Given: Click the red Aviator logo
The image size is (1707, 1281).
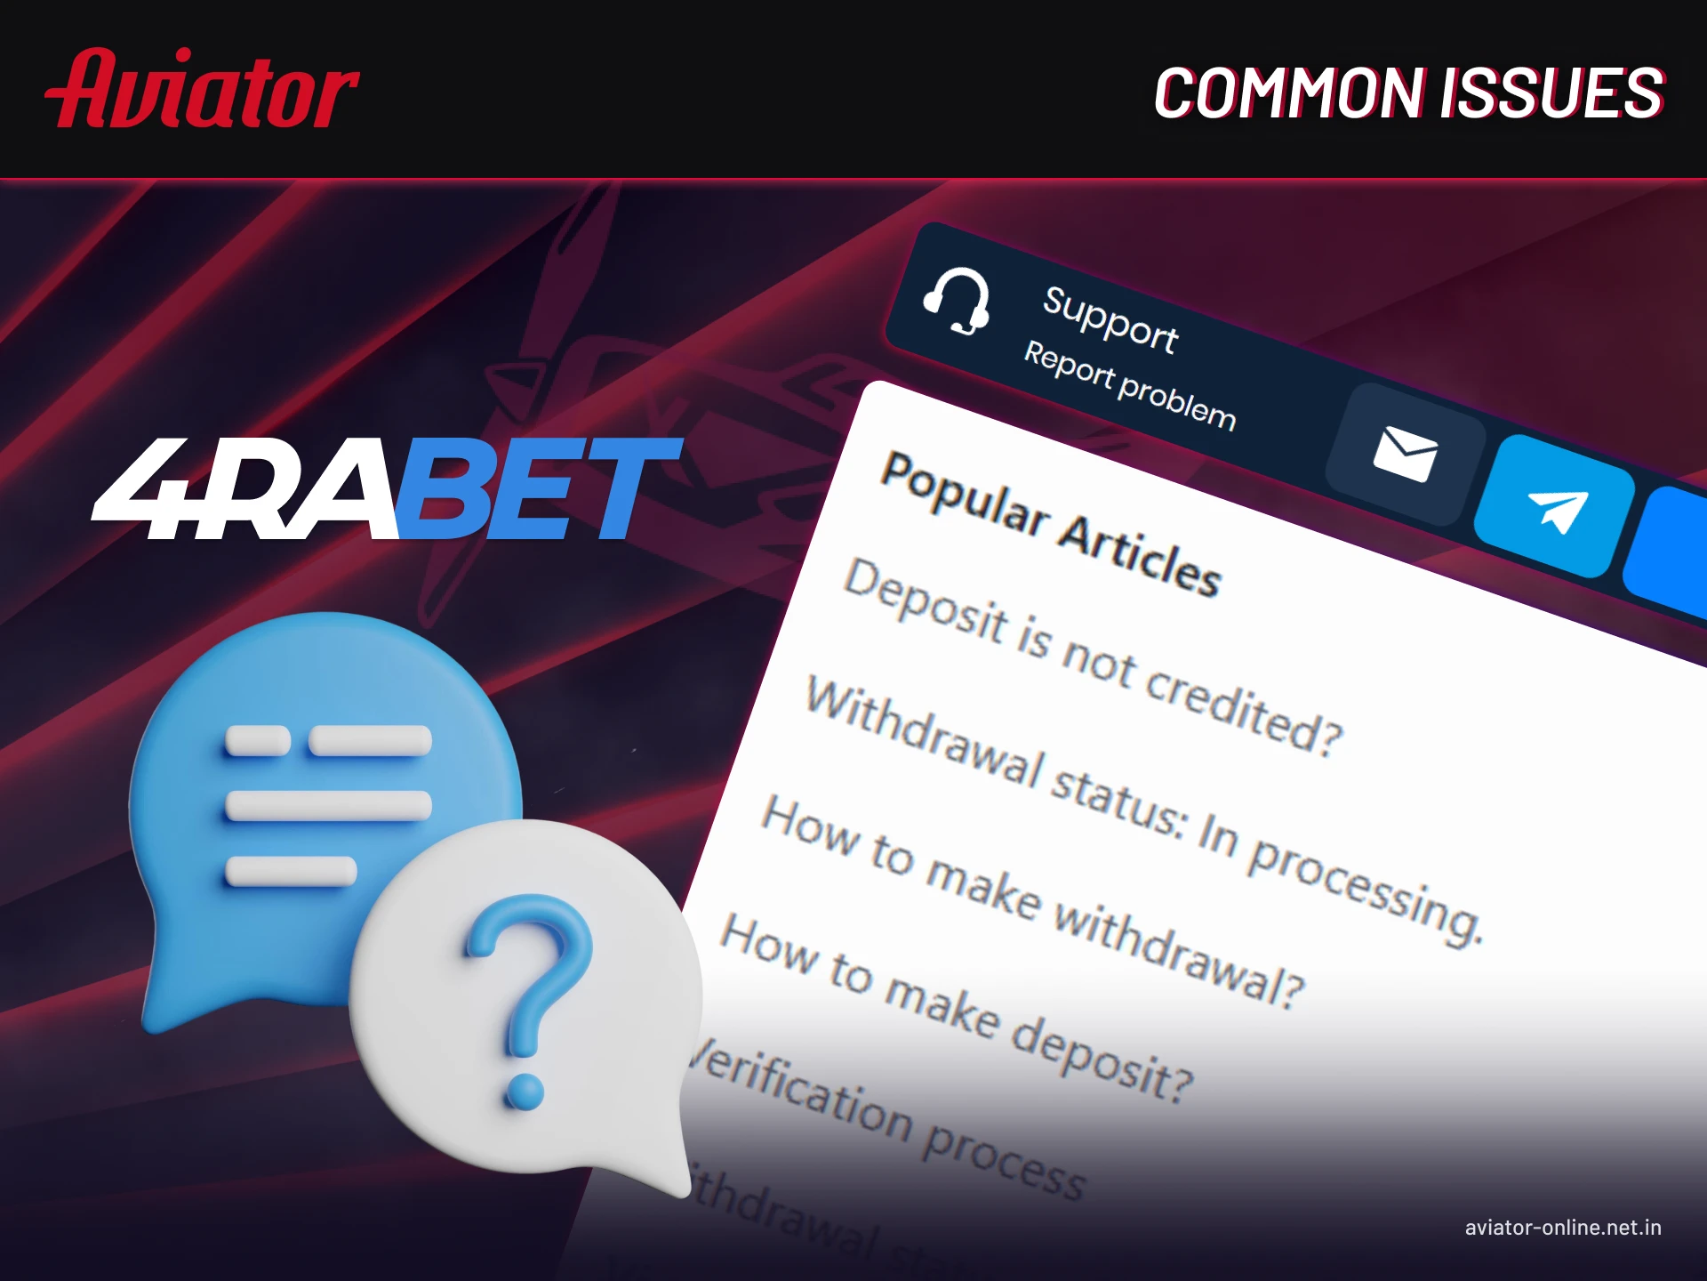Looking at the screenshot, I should [202, 90].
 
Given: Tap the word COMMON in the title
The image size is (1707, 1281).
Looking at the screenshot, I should [1288, 93].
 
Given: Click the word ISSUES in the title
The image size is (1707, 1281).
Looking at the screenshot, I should [1551, 93].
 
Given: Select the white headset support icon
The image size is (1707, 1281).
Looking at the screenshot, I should [958, 302].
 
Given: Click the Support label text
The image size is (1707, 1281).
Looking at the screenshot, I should [1110, 319].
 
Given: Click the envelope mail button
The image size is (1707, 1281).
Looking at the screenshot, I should [1405, 454].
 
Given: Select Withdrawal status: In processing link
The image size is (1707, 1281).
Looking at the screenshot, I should [1142, 810].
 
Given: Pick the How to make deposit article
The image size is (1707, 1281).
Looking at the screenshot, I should [957, 1009].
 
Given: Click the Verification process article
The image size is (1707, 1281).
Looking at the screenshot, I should [889, 1121].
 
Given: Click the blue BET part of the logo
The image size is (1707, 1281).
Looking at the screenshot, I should [533, 489].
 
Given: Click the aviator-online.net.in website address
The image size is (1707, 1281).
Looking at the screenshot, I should [1563, 1228].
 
